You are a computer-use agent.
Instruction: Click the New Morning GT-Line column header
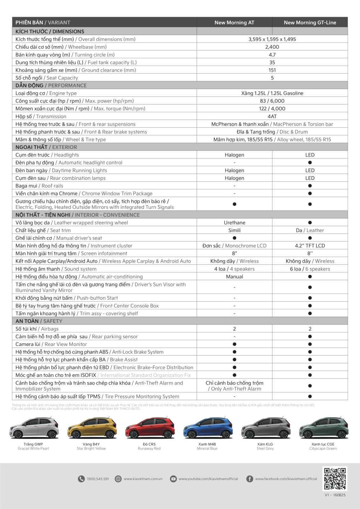(310, 23)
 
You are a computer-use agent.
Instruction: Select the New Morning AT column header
(234, 23)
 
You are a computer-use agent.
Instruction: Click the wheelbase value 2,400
(272, 47)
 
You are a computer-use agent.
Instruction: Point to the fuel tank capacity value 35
(272, 63)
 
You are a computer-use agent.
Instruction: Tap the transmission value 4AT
(272, 116)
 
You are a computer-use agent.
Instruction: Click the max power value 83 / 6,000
(272, 101)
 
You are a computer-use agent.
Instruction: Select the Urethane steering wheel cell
(234, 223)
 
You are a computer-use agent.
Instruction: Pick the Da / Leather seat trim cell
(310, 230)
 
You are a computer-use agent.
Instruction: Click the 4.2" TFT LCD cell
(310, 246)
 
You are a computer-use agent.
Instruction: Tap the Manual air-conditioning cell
(234, 277)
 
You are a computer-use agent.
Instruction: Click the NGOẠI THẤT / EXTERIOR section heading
(46, 147)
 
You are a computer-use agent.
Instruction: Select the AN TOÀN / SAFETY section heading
(39, 321)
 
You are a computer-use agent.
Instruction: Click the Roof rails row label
(39, 186)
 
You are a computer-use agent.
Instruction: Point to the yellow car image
(92, 428)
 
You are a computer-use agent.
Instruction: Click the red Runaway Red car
(150, 428)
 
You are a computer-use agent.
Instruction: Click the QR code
(335, 478)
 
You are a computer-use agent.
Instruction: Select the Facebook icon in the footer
(250, 479)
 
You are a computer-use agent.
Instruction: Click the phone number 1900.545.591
(98, 479)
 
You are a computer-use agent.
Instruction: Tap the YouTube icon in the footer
(173, 479)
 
